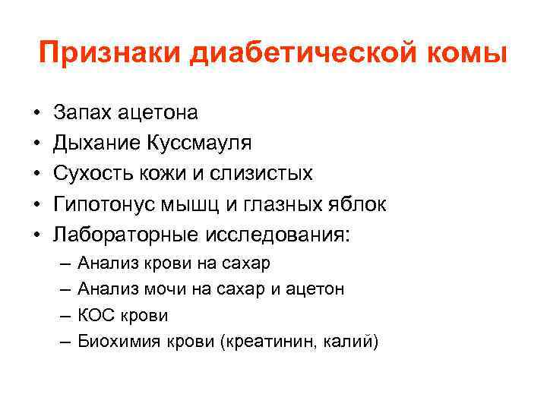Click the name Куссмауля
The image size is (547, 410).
coord(198,143)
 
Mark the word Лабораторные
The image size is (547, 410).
coord(125,235)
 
